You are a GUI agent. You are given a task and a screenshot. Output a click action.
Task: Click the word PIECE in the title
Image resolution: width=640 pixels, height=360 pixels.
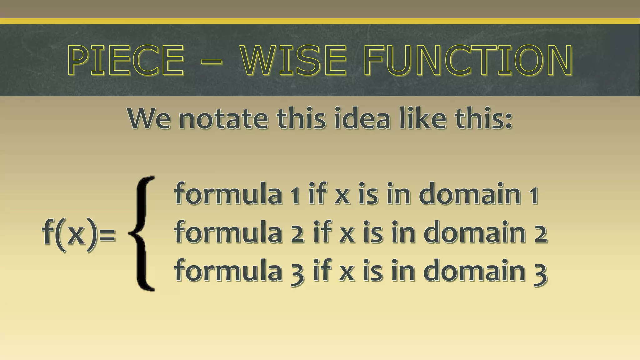[126, 60]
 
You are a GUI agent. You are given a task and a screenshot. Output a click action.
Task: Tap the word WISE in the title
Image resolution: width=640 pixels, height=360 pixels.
[294, 60]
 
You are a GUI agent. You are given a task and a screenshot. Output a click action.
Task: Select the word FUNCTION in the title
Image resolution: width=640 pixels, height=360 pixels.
[467, 60]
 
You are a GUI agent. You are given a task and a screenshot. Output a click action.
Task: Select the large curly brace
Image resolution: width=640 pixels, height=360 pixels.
[142, 234]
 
